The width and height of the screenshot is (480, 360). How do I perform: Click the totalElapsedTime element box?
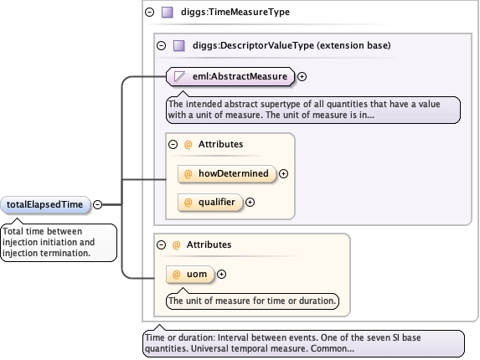45,204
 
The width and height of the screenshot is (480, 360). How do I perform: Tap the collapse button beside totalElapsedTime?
97,204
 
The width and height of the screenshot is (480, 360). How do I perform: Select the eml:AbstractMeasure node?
230,76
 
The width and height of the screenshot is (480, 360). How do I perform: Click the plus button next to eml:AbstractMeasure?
302,76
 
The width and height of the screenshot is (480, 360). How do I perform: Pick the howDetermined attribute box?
227,174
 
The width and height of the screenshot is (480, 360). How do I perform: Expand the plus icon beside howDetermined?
283,174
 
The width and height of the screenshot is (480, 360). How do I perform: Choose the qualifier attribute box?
210,202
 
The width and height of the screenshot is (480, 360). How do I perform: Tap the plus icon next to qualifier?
250,202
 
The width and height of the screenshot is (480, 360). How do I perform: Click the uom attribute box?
190,274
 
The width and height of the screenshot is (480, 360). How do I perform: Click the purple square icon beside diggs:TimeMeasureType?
168,13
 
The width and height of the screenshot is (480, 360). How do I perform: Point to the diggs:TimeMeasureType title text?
235,12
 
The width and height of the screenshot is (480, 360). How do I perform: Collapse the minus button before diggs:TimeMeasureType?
149,13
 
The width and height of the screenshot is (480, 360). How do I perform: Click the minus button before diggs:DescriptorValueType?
161,45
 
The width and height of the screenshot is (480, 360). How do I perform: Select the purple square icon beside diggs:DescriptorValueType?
179,45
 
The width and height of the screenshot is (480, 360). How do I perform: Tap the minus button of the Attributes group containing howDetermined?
173,144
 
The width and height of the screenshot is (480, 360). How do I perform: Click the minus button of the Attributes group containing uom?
161,244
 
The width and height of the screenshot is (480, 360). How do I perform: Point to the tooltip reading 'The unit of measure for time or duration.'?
252,301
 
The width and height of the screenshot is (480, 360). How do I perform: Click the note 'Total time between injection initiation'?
59,243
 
